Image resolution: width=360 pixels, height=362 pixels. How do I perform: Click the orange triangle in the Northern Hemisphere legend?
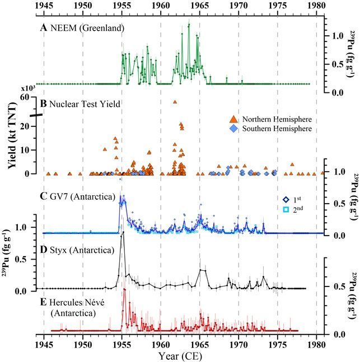click(x=234, y=119)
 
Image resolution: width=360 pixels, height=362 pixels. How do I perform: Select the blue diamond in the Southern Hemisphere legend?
click(x=234, y=129)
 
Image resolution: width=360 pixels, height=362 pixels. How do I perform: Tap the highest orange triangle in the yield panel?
click(x=175, y=102)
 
